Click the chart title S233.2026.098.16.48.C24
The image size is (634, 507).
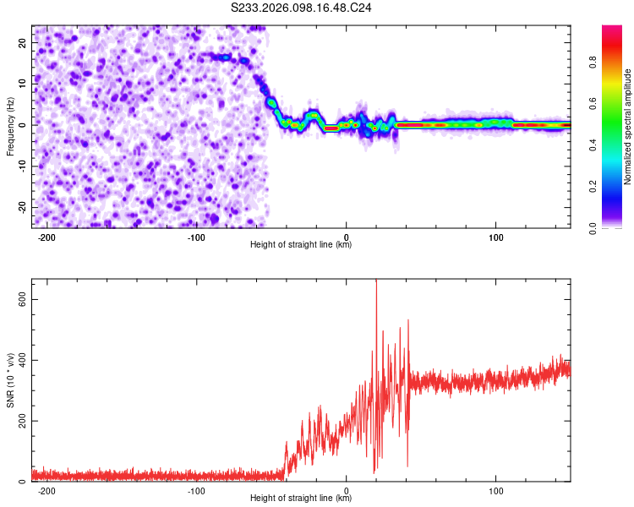pyautogui.click(x=301, y=8)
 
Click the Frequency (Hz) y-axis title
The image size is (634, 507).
pyautogui.click(x=10, y=126)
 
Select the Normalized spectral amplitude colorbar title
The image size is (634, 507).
pyautogui.click(x=627, y=127)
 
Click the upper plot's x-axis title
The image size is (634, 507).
pyautogui.click(x=301, y=245)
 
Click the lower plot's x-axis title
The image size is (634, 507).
pyautogui.click(x=301, y=499)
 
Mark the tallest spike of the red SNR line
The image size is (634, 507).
pyautogui.click(x=376, y=281)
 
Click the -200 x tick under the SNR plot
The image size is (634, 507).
pyautogui.click(x=46, y=490)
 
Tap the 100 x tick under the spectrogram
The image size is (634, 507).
pyautogui.click(x=496, y=237)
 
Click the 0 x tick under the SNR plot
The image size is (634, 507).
pyautogui.click(x=347, y=490)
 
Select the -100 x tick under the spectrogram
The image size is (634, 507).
pyautogui.click(x=196, y=237)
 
